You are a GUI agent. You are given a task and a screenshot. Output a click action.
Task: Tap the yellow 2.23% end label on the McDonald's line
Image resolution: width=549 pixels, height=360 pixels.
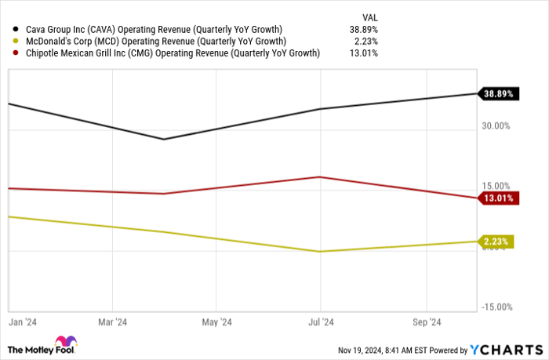(497, 242)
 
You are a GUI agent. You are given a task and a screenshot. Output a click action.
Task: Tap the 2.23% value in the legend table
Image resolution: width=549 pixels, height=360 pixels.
(368, 41)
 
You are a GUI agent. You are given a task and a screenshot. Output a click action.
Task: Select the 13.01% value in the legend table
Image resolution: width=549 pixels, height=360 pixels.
(365, 53)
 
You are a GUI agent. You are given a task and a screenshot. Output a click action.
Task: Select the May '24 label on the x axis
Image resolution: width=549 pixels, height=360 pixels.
(216, 322)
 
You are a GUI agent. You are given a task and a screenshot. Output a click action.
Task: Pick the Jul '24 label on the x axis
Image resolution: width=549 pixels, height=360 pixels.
(320, 322)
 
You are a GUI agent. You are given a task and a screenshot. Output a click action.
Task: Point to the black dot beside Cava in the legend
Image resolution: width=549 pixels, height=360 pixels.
(16, 29)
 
